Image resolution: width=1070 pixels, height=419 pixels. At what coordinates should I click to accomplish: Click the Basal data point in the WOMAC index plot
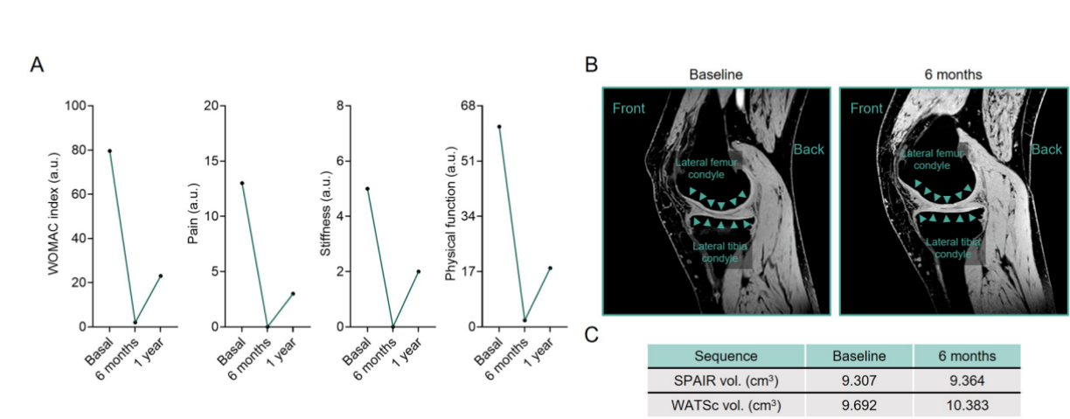[x=109, y=151]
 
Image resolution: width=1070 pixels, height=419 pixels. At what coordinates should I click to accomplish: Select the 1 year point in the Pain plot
[x=293, y=294]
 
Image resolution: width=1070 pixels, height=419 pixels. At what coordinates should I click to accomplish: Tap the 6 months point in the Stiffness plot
[x=393, y=327]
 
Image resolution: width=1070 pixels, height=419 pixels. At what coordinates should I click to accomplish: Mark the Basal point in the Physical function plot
[x=499, y=127]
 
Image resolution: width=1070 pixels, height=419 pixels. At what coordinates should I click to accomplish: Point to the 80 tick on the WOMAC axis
[x=78, y=150]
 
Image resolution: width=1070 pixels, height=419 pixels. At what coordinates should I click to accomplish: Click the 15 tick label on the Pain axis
[x=211, y=161]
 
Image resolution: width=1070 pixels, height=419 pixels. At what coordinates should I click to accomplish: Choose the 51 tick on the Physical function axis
[x=469, y=161]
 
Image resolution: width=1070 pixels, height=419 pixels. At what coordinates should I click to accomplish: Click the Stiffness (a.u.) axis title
[x=325, y=213]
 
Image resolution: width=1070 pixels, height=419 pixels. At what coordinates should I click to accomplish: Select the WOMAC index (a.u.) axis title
[x=52, y=213]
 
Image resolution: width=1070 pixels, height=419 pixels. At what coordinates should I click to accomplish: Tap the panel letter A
[x=38, y=65]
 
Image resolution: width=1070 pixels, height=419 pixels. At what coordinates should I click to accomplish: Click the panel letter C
[x=591, y=335]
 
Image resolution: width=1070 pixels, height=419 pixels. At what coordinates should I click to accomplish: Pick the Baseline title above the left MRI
[x=716, y=74]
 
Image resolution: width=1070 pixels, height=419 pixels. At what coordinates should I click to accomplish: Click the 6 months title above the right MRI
[x=953, y=74]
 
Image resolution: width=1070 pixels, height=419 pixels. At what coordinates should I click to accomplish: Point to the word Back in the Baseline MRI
[x=809, y=150]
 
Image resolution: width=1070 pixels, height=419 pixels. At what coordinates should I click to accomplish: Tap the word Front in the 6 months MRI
[x=866, y=108]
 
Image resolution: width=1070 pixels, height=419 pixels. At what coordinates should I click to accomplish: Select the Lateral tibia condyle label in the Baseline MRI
[x=719, y=252]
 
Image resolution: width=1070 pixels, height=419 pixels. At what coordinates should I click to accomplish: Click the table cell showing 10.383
[x=968, y=405]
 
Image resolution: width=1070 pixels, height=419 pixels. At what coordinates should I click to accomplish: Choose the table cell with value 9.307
[x=858, y=381]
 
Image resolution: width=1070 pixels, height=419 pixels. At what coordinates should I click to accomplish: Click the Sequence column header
[x=726, y=356]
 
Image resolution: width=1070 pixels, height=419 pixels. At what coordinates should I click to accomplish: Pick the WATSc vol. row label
[x=726, y=405]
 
